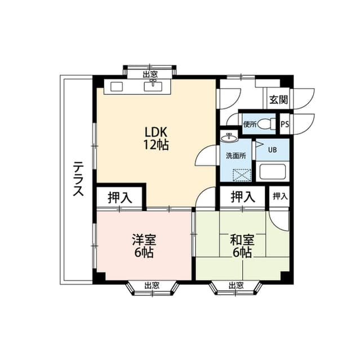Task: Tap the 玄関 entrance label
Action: tap(278, 100)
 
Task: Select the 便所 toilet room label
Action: tap(250, 124)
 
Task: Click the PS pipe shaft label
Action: tap(285, 124)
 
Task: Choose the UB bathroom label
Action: tap(272, 150)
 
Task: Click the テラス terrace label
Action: tap(78, 179)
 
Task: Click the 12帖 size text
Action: tap(155, 144)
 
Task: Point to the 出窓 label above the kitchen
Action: tap(150, 74)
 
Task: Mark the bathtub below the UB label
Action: tap(273, 171)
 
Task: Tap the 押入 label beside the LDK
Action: tap(120, 197)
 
